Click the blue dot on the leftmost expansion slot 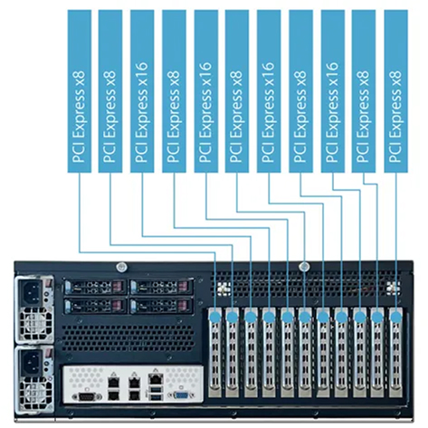[x=215, y=317]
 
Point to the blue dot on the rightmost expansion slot [x=395, y=317]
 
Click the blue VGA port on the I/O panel [x=181, y=395]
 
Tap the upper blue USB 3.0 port [x=156, y=391]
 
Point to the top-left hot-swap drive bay [x=96, y=287]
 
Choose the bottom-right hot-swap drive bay [x=161, y=306]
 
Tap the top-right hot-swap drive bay [x=161, y=287]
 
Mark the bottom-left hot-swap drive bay [x=96, y=306]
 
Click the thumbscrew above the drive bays [x=121, y=267]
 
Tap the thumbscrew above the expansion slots [x=304, y=267]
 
